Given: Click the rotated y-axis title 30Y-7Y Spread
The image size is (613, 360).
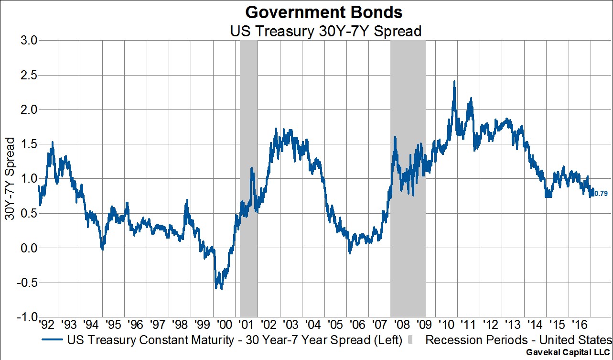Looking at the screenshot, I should pyautogui.click(x=10, y=179).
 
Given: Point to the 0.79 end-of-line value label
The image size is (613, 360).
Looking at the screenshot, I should pyautogui.click(x=601, y=194).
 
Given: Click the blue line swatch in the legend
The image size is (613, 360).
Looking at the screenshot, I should pyautogui.click(x=54, y=340).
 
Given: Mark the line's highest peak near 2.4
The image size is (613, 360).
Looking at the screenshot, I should pyautogui.click(x=454, y=81).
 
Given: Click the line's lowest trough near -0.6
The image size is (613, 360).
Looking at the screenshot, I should pyautogui.click(x=221, y=289).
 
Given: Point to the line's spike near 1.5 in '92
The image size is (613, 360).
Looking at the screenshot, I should pyautogui.click(x=52, y=142).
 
